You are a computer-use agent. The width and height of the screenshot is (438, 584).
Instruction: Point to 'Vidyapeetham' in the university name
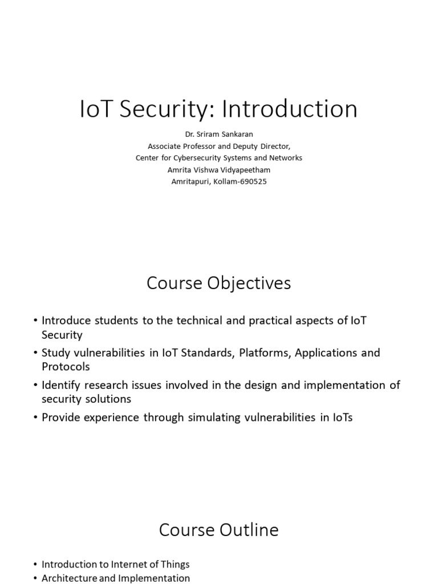[244, 170]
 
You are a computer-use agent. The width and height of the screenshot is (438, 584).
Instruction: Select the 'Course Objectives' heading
[218, 283]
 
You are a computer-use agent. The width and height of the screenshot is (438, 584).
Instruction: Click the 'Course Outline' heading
[218, 530]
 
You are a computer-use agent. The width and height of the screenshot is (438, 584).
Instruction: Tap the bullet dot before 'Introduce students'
[35, 321]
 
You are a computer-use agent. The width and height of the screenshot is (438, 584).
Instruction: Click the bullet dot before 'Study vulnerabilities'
[35, 353]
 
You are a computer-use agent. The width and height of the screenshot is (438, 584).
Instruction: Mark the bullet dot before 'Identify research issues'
[35, 386]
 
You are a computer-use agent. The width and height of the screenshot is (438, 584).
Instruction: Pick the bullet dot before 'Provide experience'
[35, 417]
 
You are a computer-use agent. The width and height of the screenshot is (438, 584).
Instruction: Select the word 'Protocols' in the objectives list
[66, 367]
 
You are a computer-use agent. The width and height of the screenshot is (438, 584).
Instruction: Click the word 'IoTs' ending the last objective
[340, 417]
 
